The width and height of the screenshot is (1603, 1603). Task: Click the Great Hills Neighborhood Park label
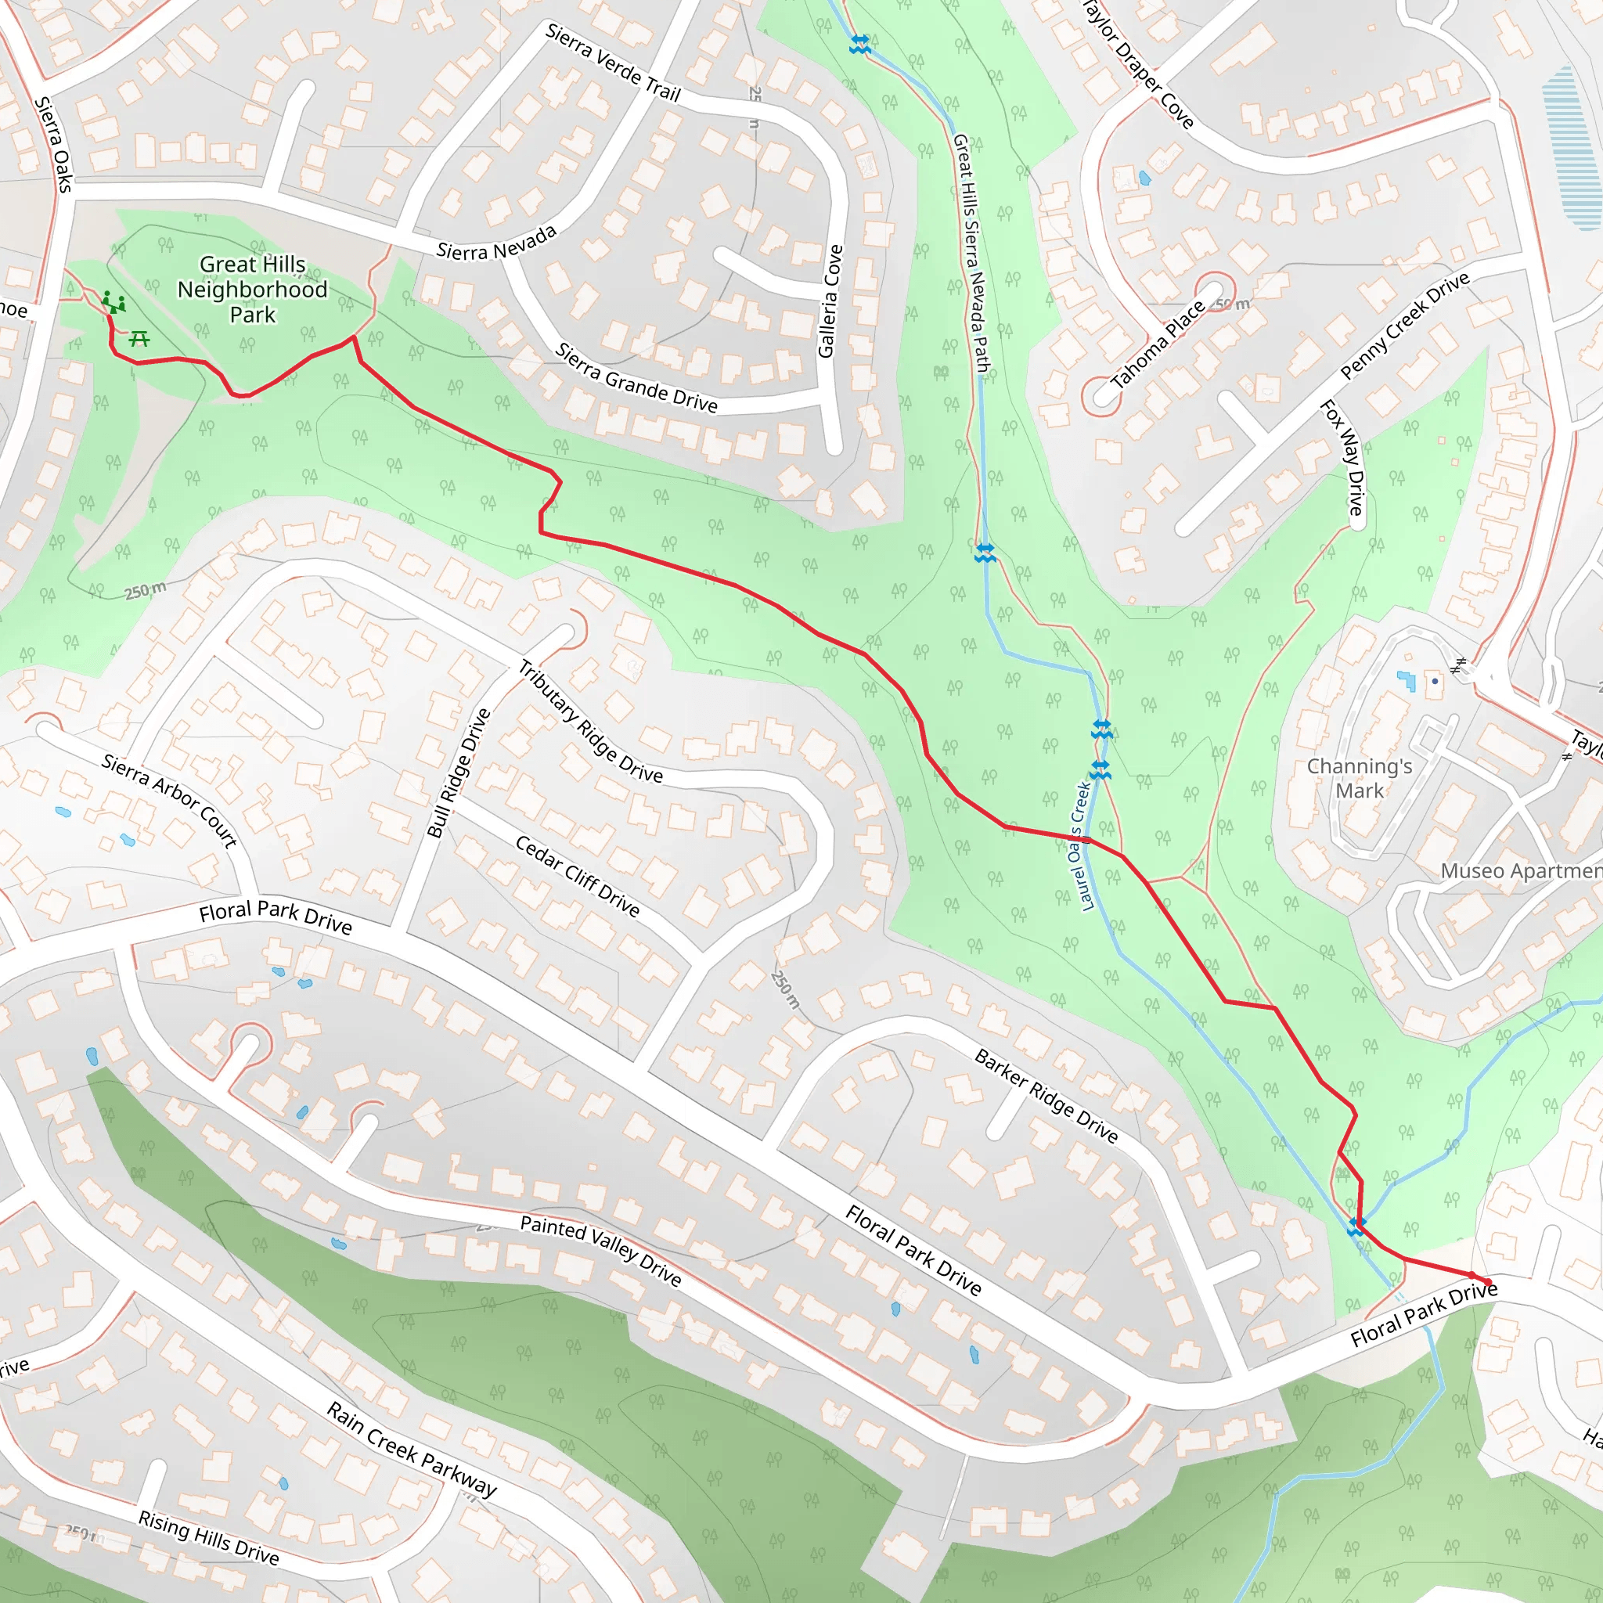point(252,290)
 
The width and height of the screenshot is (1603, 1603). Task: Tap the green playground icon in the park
point(113,302)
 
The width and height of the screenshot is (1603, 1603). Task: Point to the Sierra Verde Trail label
point(613,63)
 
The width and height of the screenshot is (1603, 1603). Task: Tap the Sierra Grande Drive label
point(636,377)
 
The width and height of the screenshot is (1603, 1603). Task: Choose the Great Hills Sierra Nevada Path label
point(971,253)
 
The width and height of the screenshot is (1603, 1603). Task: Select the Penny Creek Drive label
point(1404,326)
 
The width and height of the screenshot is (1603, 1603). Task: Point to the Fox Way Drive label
point(1342,457)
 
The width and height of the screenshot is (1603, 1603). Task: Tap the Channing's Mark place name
point(1359,778)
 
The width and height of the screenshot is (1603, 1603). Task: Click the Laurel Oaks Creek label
point(1079,846)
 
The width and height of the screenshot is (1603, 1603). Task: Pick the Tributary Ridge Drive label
point(590,722)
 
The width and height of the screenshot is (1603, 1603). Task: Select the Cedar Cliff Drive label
point(577,876)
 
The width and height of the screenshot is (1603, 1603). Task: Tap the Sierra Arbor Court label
point(170,801)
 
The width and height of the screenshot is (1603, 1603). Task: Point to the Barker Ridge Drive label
point(1046,1095)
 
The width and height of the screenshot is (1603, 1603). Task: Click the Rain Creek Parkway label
point(412,1449)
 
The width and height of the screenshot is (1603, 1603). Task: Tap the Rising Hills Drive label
point(208,1536)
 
